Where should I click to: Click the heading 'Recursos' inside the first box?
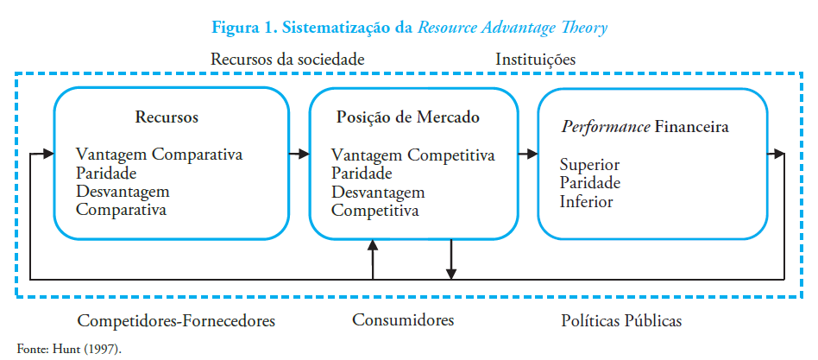tap(167, 117)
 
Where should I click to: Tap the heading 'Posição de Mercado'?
tap(407, 117)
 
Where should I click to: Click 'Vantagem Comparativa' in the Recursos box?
tap(160, 155)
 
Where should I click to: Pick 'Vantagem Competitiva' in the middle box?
tap(413, 155)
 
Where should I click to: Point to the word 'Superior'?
tap(589, 165)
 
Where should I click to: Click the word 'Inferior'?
tap(586, 202)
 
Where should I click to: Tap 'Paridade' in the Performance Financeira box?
tap(590, 183)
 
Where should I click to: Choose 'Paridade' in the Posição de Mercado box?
tap(362, 174)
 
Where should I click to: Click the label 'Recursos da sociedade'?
tap(287, 60)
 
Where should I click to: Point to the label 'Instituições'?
tap(535, 60)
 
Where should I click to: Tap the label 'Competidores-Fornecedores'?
tap(176, 321)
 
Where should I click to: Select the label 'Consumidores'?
tap(403, 320)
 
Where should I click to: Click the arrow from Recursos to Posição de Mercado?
tap(299, 154)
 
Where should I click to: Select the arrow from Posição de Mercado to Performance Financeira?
tap(526, 154)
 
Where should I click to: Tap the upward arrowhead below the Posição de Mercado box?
tap(373, 247)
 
